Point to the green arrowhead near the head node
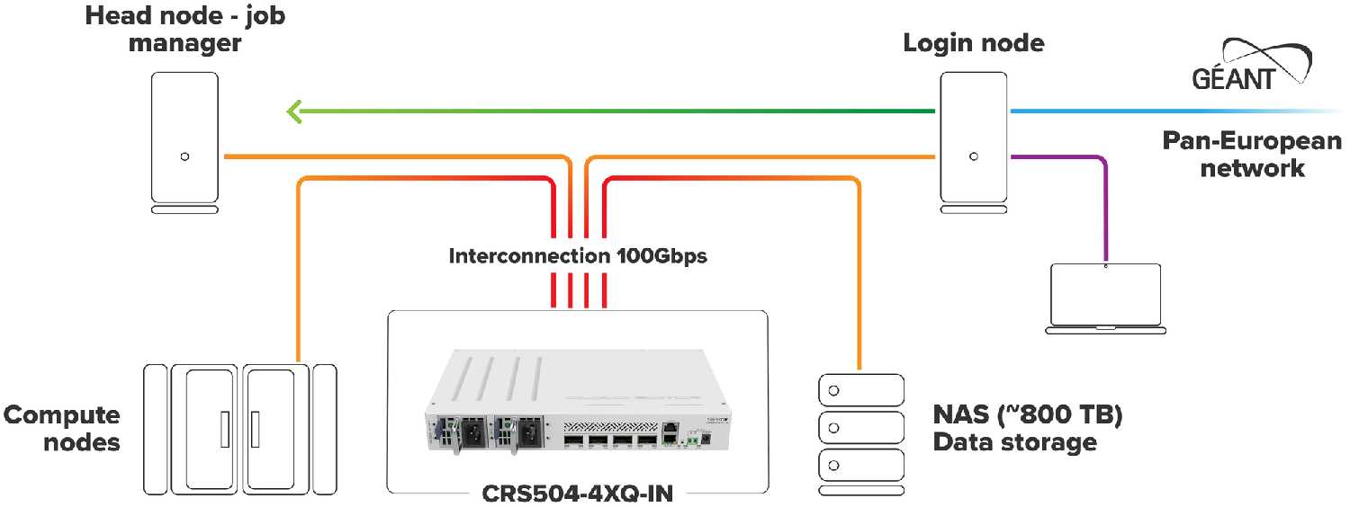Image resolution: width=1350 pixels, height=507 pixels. (x=294, y=111)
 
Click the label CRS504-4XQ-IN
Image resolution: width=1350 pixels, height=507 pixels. (x=577, y=494)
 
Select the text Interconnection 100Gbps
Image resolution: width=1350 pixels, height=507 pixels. (x=578, y=256)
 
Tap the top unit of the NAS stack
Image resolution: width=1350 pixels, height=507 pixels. (x=859, y=391)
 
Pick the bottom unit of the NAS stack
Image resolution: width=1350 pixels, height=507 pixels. (x=859, y=465)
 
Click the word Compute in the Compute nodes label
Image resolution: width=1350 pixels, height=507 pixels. (x=62, y=415)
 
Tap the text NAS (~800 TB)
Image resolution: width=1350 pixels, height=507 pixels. (x=1029, y=416)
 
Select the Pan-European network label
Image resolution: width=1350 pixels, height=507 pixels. (x=1252, y=154)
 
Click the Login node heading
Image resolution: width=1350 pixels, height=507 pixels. (x=974, y=43)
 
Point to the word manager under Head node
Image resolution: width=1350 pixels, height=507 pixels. (x=184, y=43)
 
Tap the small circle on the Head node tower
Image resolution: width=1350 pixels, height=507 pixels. (x=184, y=156)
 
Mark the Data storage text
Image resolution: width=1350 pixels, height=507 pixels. (x=1014, y=442)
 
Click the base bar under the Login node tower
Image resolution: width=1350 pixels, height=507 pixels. (x=973, y=210)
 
